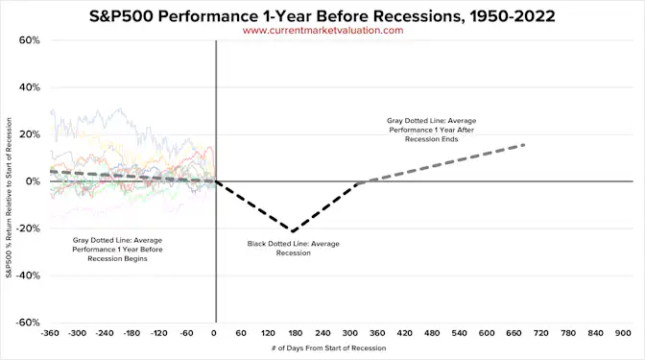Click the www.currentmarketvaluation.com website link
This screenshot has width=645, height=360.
(x=322, y=30)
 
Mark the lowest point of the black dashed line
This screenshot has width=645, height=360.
(x=293, y=231)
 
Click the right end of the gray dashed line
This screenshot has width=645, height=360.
(x=525, y=145)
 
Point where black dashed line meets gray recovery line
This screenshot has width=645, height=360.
(x=357, y=182)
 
